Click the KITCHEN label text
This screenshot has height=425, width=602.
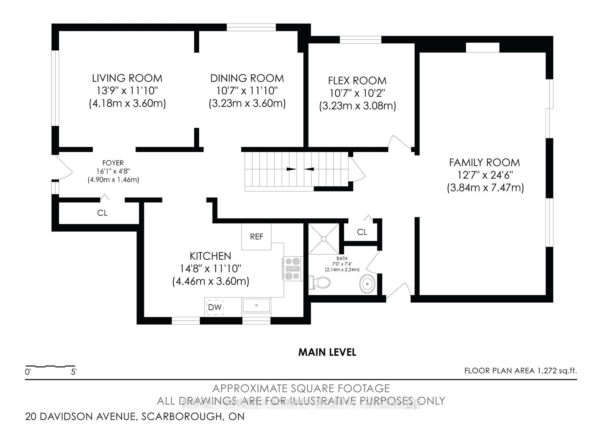[210, 256]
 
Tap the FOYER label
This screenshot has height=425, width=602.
[113, 163]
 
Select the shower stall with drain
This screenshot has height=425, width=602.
[324, 239]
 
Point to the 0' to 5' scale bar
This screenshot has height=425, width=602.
[50, 366]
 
